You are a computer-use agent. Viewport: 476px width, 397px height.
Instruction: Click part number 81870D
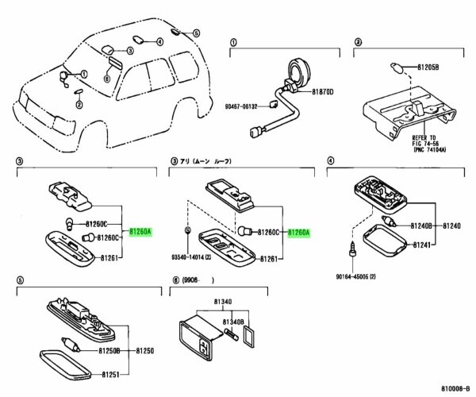click(x=321, y=92)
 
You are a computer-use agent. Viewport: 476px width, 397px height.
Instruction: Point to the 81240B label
click(x=420, y=225)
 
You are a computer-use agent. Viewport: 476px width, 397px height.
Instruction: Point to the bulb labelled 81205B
click(x=396, y=66)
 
